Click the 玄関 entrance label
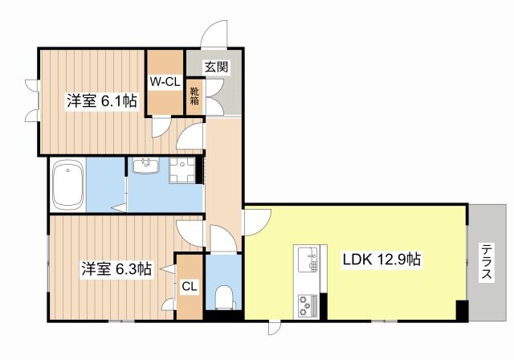215,67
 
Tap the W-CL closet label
164,80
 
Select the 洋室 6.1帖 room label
101,100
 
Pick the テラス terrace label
487,262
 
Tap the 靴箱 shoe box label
195,97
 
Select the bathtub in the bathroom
67,184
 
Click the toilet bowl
223,295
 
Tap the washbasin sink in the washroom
146,167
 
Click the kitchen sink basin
307,259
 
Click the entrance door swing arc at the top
215,32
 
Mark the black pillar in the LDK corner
462,311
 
